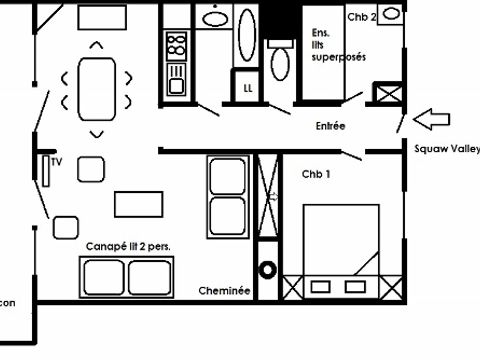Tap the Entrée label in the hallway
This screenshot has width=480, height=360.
(x=330, y=126)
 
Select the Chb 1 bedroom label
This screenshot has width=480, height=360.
(x=316, y=174)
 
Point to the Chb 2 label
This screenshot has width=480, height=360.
(x=362, y=17)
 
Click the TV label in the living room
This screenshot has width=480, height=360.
(x=57, y=162)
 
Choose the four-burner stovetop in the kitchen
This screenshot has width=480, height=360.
(x=176, y=46)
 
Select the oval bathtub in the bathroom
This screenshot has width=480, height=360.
(x=247, y=35)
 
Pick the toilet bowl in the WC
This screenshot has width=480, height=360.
(x=280, y=63)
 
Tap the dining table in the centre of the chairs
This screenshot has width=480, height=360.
(x=97, y=89)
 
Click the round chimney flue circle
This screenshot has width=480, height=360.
(x=268, y=270)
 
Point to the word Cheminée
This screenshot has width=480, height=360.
(x=224, y=291)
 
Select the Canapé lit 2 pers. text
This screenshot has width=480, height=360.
(x=128, y=247)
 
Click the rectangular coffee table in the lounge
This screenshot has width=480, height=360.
(x=138, y=204)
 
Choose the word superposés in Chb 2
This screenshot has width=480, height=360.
(x=338, y=57)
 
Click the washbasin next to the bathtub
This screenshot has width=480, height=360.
(x=215, y=19)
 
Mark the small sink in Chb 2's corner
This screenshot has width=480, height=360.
(x=391, y=14)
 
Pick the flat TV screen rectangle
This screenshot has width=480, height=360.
(x=46, y=171)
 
